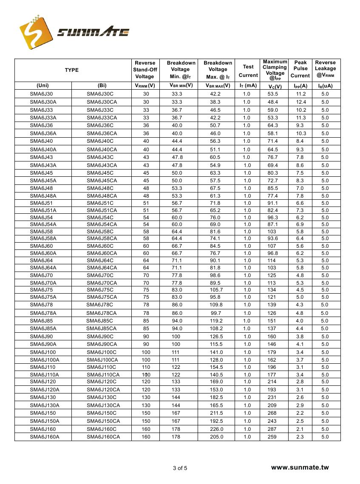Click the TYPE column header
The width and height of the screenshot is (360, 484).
point(71,70)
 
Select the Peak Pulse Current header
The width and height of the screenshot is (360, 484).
point(300,69)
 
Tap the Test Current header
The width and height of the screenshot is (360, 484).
point(248,71)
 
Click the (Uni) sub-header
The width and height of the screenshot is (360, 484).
point(43,85)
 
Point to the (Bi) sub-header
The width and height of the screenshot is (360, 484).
point(102,85)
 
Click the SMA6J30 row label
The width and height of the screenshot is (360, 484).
point(42,94)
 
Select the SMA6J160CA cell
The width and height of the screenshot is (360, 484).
point(103,437)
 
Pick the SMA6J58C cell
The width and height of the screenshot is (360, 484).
point(100,232)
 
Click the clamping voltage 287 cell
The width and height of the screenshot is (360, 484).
point(272,429)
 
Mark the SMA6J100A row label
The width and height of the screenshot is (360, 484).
point(45,360)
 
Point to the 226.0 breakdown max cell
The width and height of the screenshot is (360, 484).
point(216,429)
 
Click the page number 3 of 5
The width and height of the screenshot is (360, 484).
point(180,468)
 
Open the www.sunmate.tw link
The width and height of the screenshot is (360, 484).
point(300,467)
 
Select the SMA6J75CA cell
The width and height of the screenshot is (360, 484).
point(102,297)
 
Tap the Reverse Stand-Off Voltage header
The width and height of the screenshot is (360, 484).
point(145,70)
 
